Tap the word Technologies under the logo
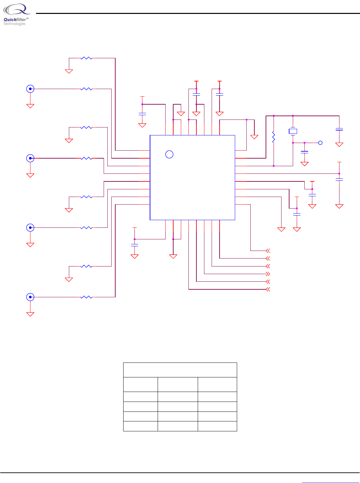(x=14, y=24)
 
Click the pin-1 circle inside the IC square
(x=169, y=154)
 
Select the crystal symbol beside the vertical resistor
(x=293, y=131)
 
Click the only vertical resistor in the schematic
(x=274, y=137)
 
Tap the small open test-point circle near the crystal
(x=320, y=143)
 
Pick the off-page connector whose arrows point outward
(x=268, y=274)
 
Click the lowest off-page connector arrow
(x=268, y=289)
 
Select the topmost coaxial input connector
(x=30, y=89)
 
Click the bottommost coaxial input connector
(x=30, y=297)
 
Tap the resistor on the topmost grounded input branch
(x=86, y=58)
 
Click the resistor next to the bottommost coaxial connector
(x=86, y=297)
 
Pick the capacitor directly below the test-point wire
(x=304, y=152)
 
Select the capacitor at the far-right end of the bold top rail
(x=339, y=129)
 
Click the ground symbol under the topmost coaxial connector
(x=30, y=106)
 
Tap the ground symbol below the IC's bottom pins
(x=173, y=256)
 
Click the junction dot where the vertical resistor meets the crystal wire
(x=274, y=166)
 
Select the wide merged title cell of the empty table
(x=180, y=370)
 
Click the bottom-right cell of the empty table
(x=217, y=426)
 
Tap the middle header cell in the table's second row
(x=178, y=384)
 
